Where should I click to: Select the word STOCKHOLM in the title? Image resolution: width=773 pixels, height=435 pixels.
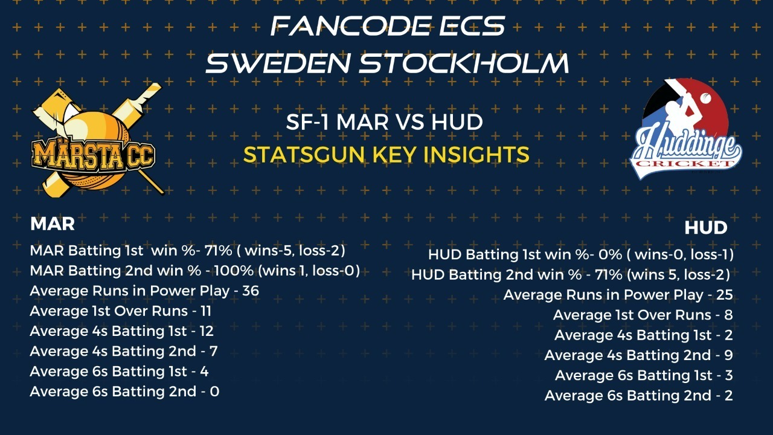point(464,63)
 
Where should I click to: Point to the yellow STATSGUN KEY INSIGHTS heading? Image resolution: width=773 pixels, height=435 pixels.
point(386,155)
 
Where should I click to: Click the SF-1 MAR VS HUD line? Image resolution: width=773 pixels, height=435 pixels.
point(384,122)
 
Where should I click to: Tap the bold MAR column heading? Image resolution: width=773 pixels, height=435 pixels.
point(53,224)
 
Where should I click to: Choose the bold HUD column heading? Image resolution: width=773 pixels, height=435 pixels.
point(706,228)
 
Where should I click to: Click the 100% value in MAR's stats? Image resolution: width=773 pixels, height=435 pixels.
point(234,271)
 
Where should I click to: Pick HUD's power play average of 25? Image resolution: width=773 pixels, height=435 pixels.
point(724,294)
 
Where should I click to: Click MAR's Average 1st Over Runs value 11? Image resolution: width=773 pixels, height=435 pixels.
point(206,311)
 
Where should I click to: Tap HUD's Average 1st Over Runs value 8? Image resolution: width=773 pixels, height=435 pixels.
point(728,315)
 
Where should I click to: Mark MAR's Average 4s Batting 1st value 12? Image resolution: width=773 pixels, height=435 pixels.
point(207,331)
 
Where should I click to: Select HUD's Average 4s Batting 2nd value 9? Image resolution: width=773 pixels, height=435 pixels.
point(728,355)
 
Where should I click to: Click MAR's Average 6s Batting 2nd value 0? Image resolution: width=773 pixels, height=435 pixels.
point(214,391)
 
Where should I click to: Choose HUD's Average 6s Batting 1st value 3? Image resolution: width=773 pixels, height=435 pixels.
point(729,375)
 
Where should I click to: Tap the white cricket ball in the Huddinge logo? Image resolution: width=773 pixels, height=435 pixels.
point(706,98)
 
